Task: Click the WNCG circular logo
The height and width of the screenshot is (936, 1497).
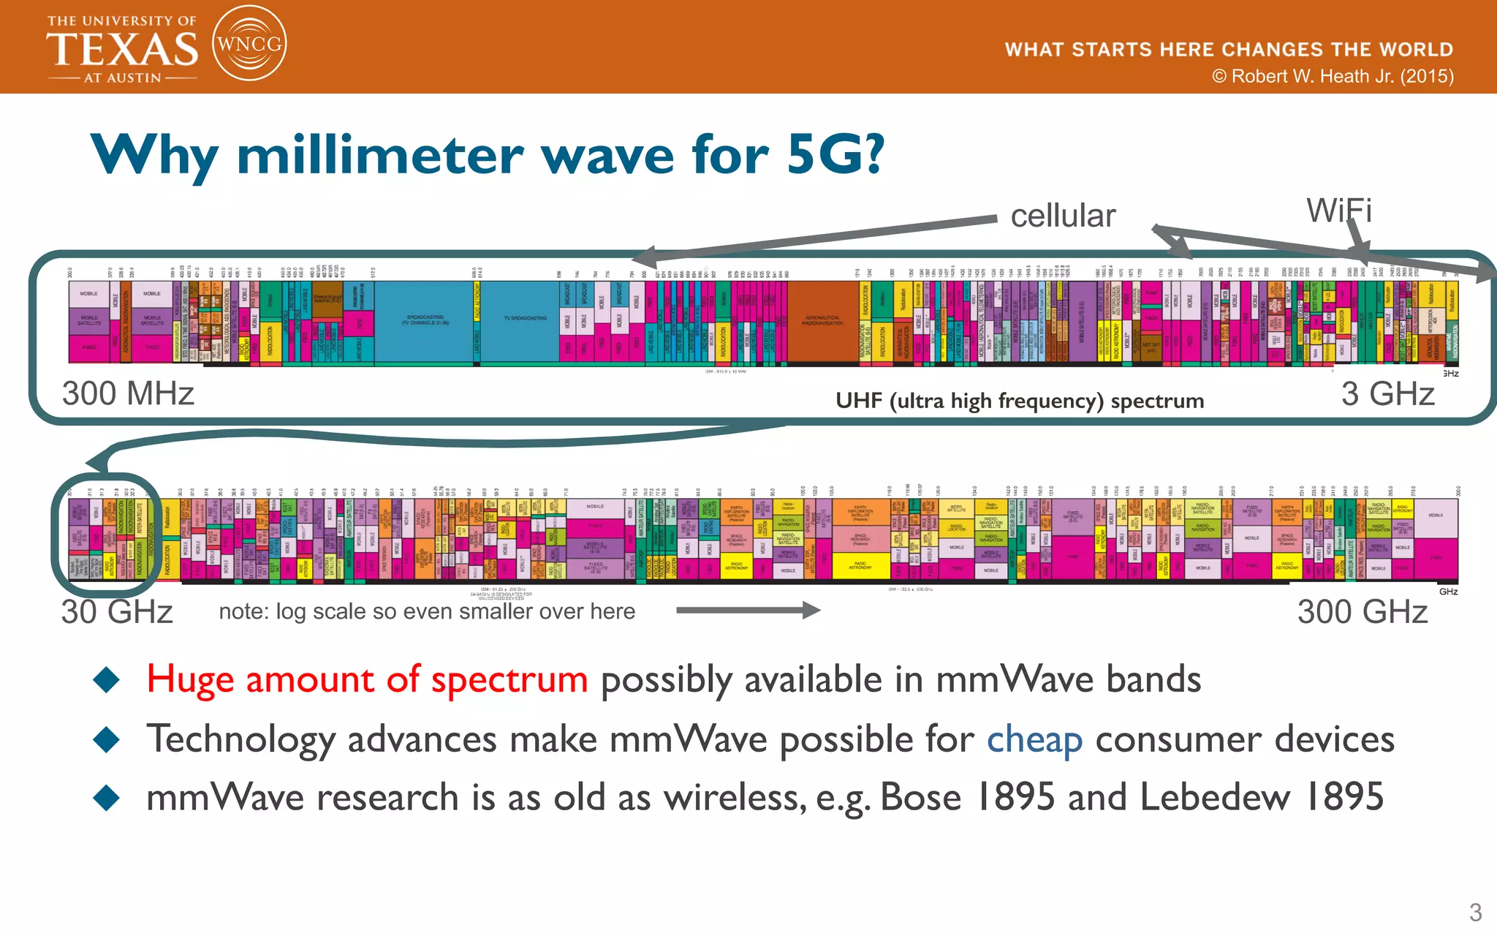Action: point(249,44)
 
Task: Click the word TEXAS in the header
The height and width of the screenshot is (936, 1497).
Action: point(122,50)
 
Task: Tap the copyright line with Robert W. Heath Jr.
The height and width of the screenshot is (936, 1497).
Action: point(1333,76)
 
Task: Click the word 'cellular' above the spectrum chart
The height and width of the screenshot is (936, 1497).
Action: point(1062,216)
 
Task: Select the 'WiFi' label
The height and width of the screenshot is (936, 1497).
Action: point(1338,211)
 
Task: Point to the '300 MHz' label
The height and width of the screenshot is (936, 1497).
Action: point(128,393)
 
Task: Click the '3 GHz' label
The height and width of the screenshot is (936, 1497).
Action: point(1387,393)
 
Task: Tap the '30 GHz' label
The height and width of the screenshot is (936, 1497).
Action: point(117,611)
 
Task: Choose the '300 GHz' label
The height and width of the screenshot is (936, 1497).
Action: point(1362,611)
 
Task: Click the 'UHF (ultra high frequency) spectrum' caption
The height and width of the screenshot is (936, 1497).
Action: point(1019,401)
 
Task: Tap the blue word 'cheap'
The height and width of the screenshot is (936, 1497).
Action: point(1034,739)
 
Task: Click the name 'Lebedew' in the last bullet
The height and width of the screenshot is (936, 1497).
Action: point(1215,797)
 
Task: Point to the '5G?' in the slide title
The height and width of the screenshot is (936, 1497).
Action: point(835,155)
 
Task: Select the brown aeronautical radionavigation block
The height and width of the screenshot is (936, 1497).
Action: point(822,320)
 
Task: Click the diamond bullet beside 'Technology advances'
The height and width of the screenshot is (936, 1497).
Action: point(107,739)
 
